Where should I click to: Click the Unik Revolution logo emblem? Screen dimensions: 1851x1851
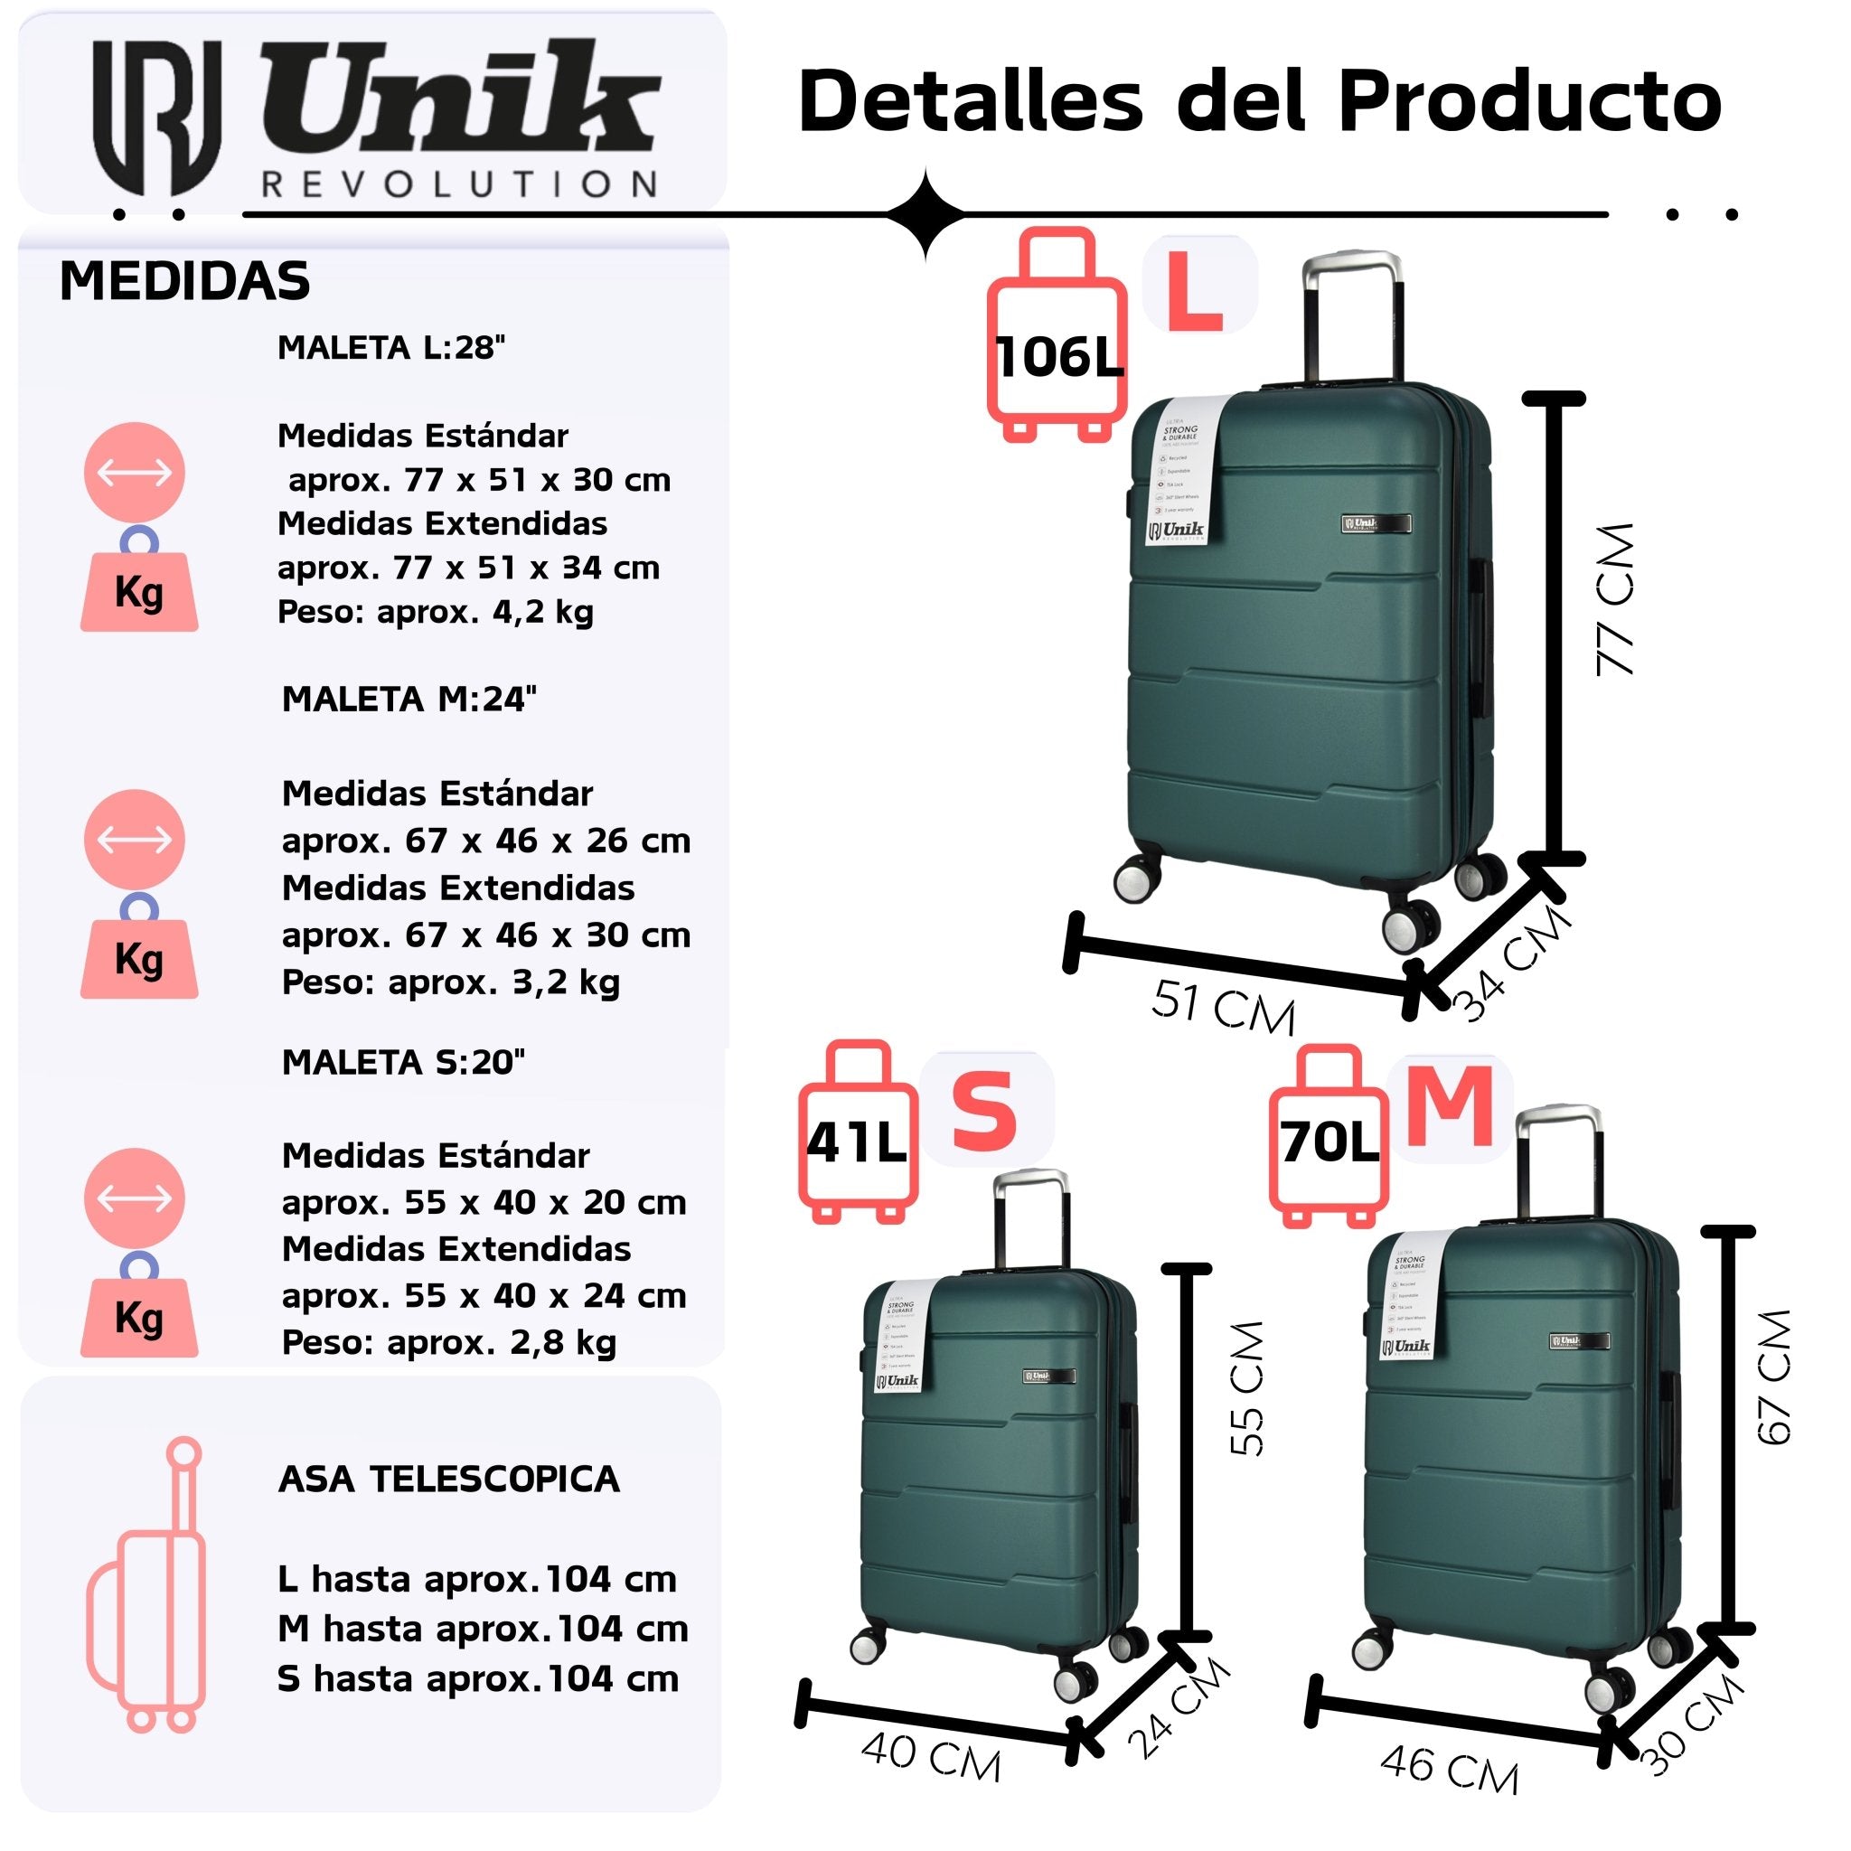click(156, 116)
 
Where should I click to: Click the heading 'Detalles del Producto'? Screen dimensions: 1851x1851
click(1259, 100)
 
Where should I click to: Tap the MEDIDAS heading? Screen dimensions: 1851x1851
click(185, 282)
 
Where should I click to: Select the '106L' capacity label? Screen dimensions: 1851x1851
click(1058, 357)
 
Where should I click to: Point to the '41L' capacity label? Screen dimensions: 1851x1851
click(856, 1142)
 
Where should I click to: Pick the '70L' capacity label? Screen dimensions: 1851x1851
click(1330, 1142)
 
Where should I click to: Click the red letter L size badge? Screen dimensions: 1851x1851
click(1195, 291)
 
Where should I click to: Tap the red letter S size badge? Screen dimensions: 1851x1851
click(984, 1112)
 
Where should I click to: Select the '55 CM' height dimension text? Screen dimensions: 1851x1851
click(1247, 1388)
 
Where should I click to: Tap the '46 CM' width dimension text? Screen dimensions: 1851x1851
click(1449, 1769)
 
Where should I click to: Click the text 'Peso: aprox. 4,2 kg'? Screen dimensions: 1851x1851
click(436, 611)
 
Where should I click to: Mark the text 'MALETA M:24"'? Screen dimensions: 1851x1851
click(409, 700)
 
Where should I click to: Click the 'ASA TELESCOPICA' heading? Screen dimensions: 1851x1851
click(449, 1480)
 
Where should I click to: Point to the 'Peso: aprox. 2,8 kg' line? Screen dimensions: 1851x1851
click(449, 1342)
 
